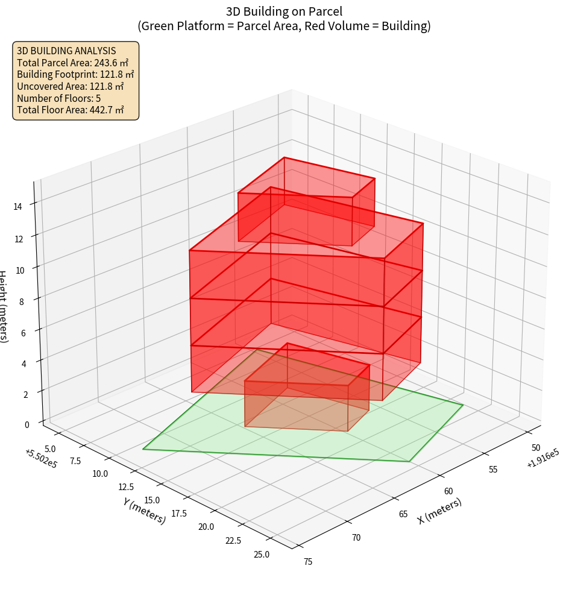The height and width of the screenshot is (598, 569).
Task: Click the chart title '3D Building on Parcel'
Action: pyautogui.click(x=284, y=11)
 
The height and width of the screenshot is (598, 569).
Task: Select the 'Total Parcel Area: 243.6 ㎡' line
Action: pyautogui.click(x=73, y=62)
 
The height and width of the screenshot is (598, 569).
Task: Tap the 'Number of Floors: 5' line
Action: pyautogui.click(x=59, y=98)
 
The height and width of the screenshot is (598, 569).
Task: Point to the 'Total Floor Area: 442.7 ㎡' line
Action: pyautogui.click(x=71, y=110)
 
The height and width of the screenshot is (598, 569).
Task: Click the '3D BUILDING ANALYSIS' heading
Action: pyautogui.click(x=66, y=51)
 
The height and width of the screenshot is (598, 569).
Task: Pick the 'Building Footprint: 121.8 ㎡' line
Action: pyautogui.click(x=75, y=74)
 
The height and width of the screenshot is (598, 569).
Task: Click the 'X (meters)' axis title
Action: pyautogui.click(x=439, y=511)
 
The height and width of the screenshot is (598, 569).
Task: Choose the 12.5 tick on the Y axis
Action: pyautogui.click(x=126, y=486)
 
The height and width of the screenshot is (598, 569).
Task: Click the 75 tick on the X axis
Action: pyautogui.click(x=308, y=562)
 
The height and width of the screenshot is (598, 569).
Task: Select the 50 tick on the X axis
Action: pyautogui.click(x=536, y=448)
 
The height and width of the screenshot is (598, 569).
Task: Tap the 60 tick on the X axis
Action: pyautogui.click(x=448, y=491)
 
